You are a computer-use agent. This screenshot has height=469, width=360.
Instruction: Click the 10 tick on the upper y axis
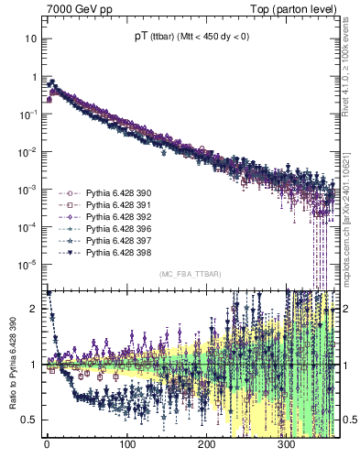pos(31,39)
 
